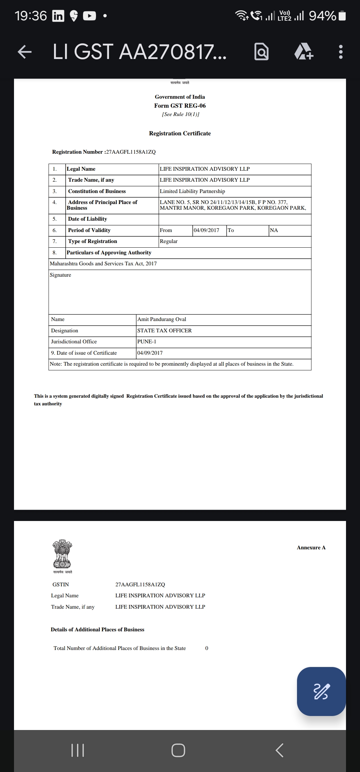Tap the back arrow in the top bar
pos(25,52)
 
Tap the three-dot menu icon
pos(340,52)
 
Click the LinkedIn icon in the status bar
pos(58,16)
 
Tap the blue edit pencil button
pos(321,691)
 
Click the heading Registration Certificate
pos(180,133)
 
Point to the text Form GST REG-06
pos(180,106)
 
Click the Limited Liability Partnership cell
pos(192,191)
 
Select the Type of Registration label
pos(92,241)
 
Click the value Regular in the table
pos(169,241)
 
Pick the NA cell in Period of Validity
pos(274,230)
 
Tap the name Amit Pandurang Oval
pos(162,319)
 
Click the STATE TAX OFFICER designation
pos(164,331)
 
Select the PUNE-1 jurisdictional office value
pos(147,342)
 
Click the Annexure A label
pos(311,548)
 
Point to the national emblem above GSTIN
pos(62,554)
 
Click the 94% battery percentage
pos(322,16)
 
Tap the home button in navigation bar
pos(178,751)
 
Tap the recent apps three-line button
pos(78,751)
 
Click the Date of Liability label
pos(87,219)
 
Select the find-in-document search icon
pos(261,52)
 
